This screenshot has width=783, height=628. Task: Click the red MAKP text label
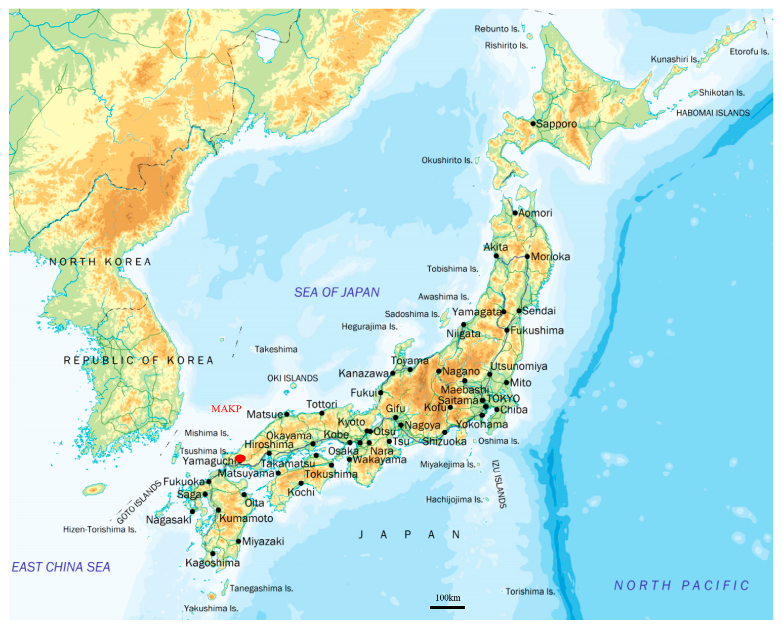[x=226, y=408]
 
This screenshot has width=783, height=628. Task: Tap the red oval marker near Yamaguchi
[x=240, y=458]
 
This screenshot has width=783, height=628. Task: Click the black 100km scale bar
[x=447, y=607]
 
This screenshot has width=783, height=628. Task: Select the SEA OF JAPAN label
[x=337, y=292]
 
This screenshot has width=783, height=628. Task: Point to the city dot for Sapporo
[x=533, y=123]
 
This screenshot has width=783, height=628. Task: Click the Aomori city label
[x=535, y=213]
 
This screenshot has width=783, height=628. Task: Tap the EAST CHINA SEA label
[x=61, y=567]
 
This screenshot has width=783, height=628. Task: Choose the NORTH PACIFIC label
[x=681, y=585]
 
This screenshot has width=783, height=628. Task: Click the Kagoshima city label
[x=213, y=563]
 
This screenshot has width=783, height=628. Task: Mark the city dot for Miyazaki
[x=238, y=541]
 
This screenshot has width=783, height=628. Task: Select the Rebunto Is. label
[x=497, y=29]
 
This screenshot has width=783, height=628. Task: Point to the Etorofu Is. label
[x=749, y=52]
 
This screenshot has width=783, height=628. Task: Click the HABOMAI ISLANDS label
[x=713, y=113]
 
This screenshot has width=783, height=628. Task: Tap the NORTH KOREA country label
[x=100, y=262]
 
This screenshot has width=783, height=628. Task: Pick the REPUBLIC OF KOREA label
[x=138, y=360]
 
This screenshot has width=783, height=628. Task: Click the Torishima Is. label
[x=530, y=591]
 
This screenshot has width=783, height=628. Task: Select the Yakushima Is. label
[x=211, y=608]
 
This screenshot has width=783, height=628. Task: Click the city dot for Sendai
[x=519, y=311]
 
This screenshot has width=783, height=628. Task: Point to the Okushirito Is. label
[x=447, y=160]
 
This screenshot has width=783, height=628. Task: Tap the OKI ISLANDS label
[x=293, y=378]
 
